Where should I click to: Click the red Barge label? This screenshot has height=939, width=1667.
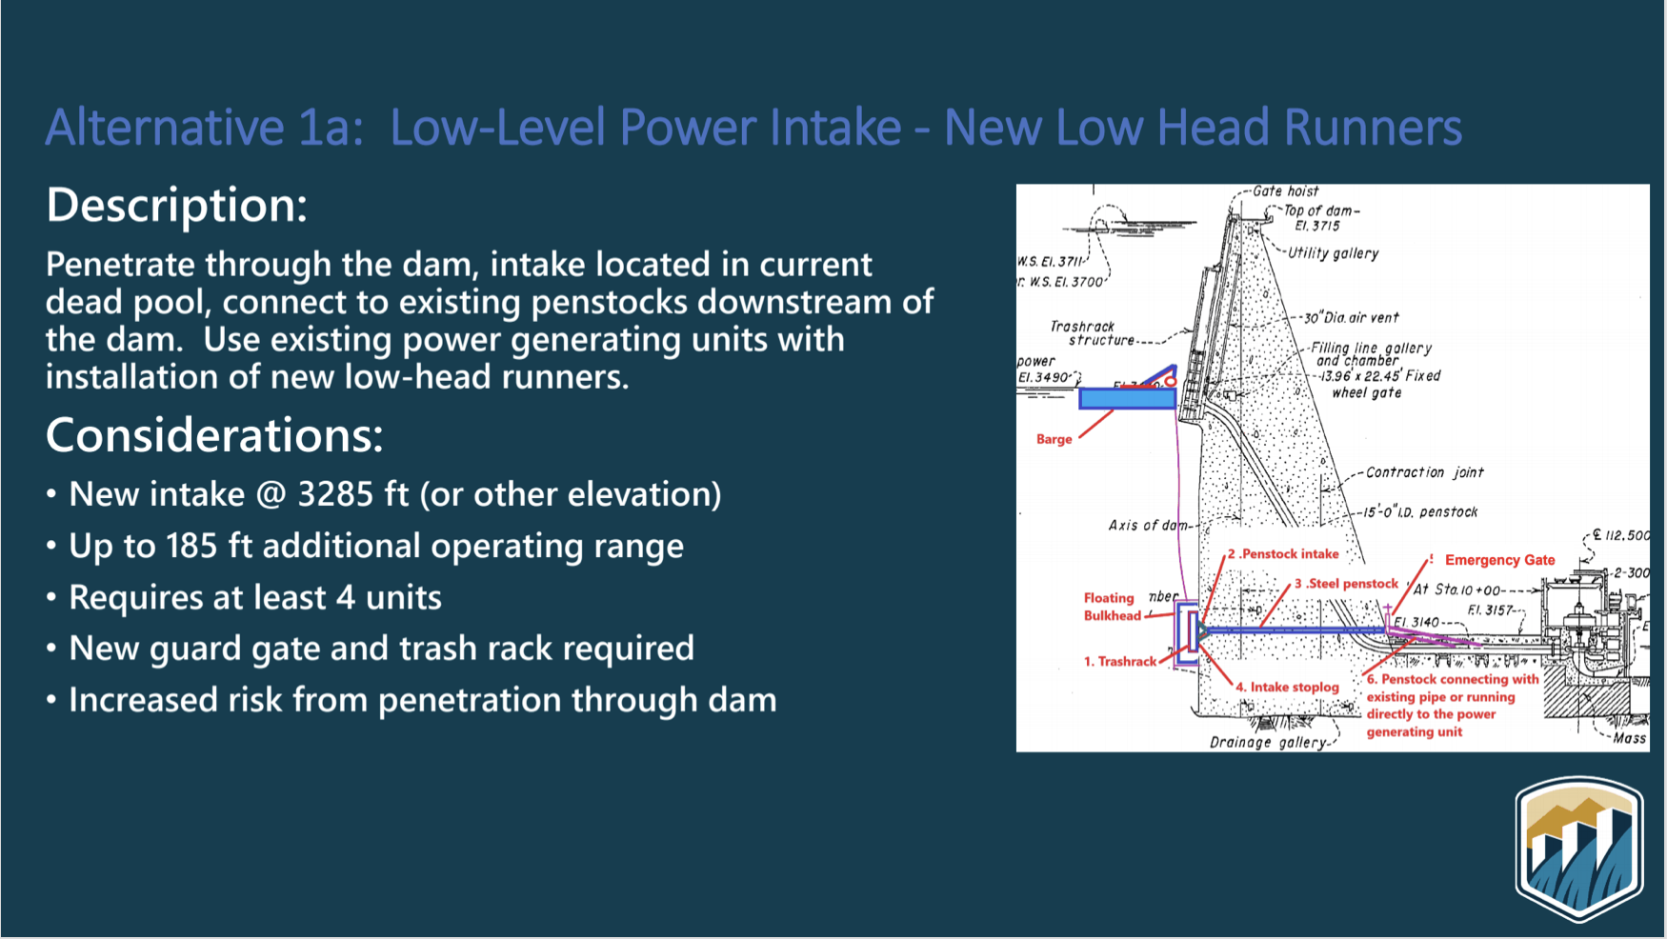(x=1054, y=439)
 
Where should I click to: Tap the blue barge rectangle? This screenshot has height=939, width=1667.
(x=1126, y=399)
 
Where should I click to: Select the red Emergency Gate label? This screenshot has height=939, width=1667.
(x=1499, y=560)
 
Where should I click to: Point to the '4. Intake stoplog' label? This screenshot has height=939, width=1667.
(x=1287, y=687)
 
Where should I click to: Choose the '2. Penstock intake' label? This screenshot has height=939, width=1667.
(x=1283, y=553)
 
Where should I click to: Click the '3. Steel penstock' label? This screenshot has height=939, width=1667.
(x=1346, y=583)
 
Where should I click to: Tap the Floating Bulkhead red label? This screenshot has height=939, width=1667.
(x=1111, y=607)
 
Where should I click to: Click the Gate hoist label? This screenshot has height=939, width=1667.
(x=1285, y=191)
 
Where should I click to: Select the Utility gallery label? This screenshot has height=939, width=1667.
(x=1333, y=253)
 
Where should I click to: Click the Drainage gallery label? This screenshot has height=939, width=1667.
(x=1267, y=742)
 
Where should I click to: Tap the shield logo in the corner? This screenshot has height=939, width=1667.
(x=1579, y=849)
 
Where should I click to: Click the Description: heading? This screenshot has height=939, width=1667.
(x=177, y=205)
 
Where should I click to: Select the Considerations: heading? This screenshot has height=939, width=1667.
(x=214, y=435)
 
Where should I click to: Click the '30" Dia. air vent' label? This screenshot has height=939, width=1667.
(x=1351, y=318)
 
